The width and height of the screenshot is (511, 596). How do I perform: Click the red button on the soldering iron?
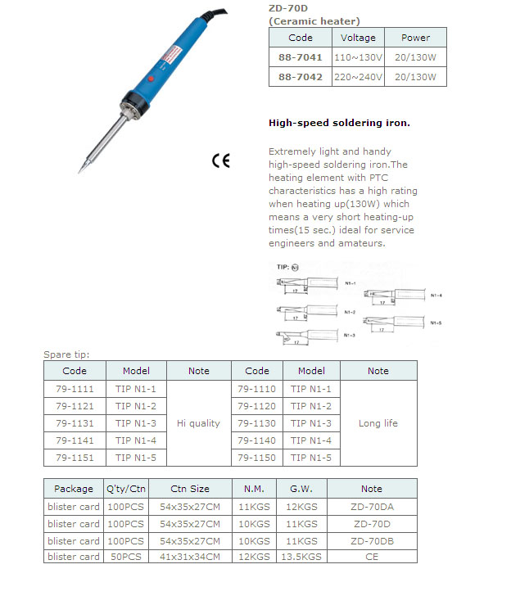(151, 79)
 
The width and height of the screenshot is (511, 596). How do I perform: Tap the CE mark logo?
(221, 160)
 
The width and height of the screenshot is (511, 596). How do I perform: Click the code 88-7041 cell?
(300, 58)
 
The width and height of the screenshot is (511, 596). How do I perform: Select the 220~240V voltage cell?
(358, 78)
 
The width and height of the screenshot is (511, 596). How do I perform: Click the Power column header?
(415, 38)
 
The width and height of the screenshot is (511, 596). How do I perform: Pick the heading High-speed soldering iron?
(339, 123)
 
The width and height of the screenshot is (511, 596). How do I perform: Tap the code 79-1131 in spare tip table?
(75, 423)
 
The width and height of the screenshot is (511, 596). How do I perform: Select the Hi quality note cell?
(198, 423)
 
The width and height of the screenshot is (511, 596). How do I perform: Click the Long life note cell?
(378, 423)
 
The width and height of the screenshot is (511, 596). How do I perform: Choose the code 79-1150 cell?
(256, 457)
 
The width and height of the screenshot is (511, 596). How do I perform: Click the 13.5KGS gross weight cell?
(301, 557)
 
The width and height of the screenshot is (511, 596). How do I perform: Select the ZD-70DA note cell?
(371, 507)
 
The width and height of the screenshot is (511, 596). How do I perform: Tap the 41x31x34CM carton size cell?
(189, 557)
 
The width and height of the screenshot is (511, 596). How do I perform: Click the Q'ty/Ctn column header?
(126, 489)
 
